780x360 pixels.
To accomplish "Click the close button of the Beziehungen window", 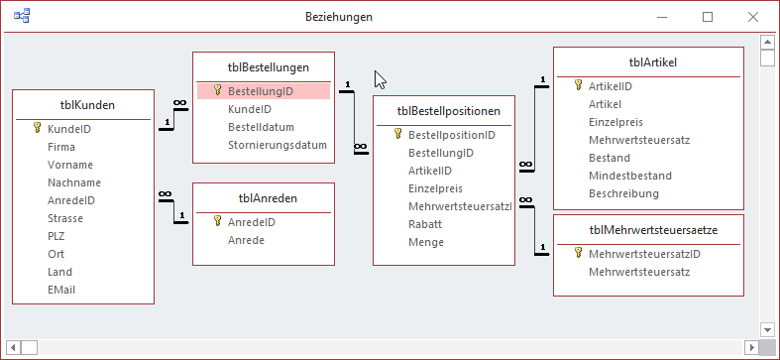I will pos(752,17).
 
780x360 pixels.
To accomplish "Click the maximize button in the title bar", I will pos(708,17).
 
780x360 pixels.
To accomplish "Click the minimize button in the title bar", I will pos(663,17).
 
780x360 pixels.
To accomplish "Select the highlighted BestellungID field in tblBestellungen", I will pos(260,90).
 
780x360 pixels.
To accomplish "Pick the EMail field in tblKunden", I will pos(61,290).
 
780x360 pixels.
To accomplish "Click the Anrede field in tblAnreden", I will pos(246,240).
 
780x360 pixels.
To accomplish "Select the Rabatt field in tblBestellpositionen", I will pos(426,224).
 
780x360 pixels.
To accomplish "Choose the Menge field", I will pos(426,242).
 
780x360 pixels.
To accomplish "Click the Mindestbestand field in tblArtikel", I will pos(629,176).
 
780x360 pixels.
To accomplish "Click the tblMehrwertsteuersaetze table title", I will pos(653,230).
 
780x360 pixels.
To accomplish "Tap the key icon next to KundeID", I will pos(37,128).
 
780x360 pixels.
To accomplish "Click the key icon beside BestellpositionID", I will pos(397,134).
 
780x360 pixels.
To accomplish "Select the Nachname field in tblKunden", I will pos(73,182).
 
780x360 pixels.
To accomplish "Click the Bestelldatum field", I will pos(261,127).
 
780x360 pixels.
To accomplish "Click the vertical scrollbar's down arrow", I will pos(766,328).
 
